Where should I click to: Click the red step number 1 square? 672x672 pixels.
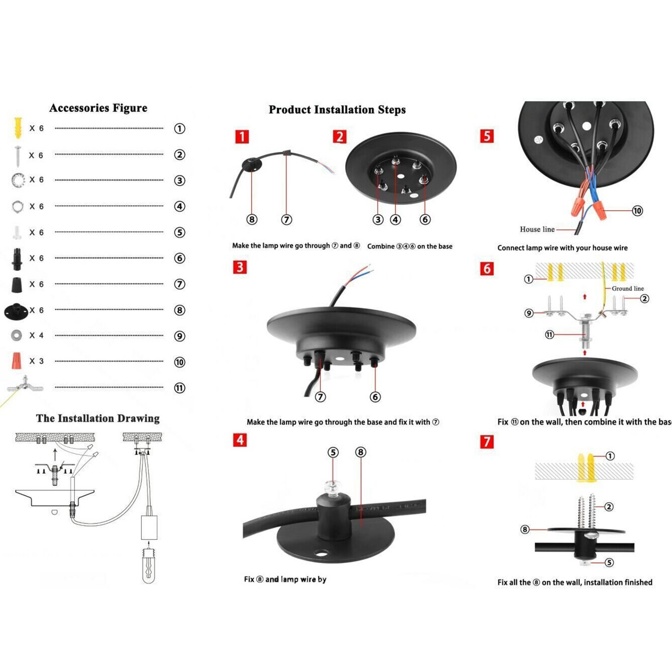[x=242, y=137]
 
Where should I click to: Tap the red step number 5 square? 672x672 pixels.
[x=486, y=136]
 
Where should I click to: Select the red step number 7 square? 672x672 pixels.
[x=486, y=441]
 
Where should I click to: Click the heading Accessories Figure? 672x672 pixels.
[x=98, y=108]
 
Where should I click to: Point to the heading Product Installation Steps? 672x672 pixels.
[x=337, y=110]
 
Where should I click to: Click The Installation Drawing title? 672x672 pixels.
[x=98, y=418]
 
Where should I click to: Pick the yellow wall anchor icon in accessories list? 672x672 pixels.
[x=18, y=128]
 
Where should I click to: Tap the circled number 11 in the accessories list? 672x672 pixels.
[x=180, y=388]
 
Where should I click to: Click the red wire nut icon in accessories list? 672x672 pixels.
[x=17, y=361]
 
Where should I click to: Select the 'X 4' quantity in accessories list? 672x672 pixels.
[x=36, y=335]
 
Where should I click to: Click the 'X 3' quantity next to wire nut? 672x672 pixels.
[x=36, y=361]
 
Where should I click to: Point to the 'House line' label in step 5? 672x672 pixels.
[x=537, y=229]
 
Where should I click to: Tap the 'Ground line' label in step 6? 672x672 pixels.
[x=627, y=288]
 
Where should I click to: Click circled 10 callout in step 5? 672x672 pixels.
[x=637, y=211]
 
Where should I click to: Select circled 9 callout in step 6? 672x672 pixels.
[x=529, y=313]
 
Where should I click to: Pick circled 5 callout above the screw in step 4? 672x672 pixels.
[x=333, y=452]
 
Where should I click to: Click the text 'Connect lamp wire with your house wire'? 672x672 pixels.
[x=562, y=248]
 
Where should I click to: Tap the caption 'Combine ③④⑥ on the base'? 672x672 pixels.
[x=410, y=246]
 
